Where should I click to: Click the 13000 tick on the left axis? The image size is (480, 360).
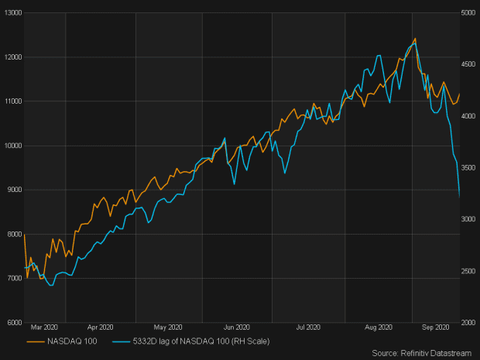[11, 13]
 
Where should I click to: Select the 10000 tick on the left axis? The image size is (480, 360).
[11, 146]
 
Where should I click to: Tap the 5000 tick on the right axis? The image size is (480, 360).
[469, 13]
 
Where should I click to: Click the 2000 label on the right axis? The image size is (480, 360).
[469, 322]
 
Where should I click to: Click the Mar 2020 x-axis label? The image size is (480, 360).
[46, 328]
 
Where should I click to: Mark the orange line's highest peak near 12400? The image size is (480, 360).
[416, 38]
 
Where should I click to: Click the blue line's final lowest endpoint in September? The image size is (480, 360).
[459, 197]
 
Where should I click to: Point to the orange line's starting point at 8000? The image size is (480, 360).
[25, 234]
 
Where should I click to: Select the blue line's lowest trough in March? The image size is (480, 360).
[51, 286]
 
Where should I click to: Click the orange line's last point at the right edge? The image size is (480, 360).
[459, 94]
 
